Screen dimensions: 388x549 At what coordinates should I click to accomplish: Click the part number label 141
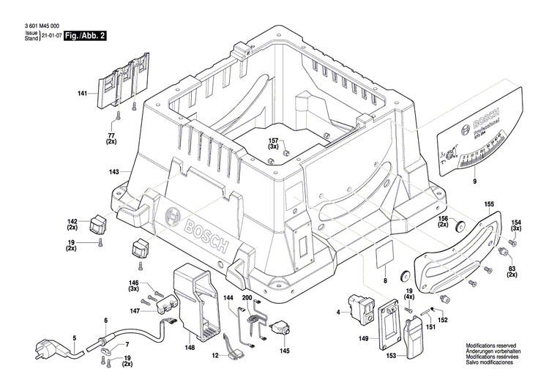tap(82, 93)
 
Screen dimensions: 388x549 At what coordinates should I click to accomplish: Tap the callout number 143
tap(113, 172)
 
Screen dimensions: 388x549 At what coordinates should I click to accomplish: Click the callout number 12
tap(216, 355)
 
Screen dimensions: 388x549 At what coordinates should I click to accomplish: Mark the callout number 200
tap(247, 299)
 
